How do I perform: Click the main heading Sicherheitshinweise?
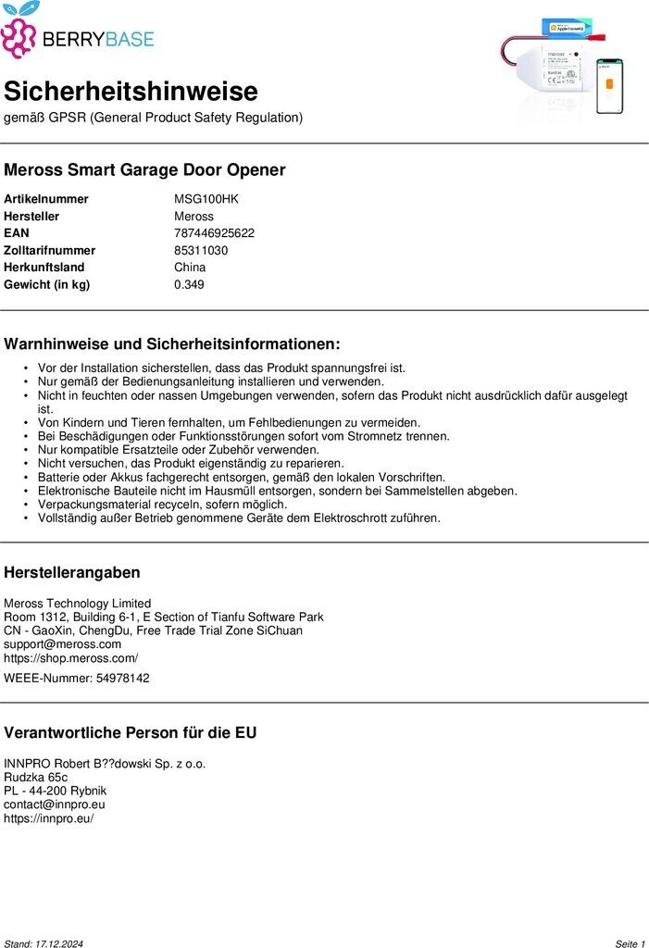click(x=131, y=92)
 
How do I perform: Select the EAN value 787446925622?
click(x=214, y=233)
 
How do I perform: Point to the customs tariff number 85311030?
click(x=201, y=250)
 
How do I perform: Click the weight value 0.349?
click(x=189, y=284)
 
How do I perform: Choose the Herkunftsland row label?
click(x=44, y=268)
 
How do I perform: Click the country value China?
click(x=190, y=268)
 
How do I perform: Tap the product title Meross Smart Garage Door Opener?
click(x=144, y=170)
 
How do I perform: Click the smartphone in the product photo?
click(x=609, y=86)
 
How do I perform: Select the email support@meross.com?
click(x=62, y=644)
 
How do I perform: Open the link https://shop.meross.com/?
click(x=71, y=658)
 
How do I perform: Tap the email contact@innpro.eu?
click(x=55, y=805)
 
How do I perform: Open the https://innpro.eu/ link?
click(x=49, y=818)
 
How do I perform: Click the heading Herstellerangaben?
click(x=72, y=573)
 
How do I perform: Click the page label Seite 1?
click(x=630, y=943)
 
